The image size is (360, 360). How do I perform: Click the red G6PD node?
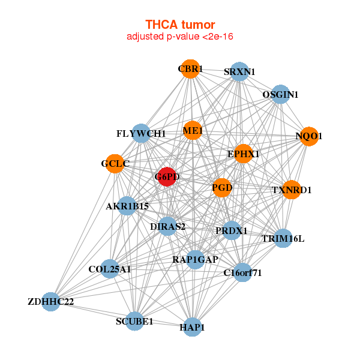click(x=167, y=177)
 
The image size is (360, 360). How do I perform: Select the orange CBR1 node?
click(x=190, y=69)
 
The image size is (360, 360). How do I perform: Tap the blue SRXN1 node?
click(x=239, y=72)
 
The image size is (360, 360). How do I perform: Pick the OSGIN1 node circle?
click(x=280, y=94)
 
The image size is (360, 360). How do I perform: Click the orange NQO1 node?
click(x=309, y=136)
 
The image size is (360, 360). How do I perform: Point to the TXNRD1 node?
click(x=292, y=190)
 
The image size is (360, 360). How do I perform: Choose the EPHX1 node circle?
click(x=243, y=154)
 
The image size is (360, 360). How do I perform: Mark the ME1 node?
click(x=193, y=130)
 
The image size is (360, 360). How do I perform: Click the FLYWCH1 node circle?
click(x=141, y=133)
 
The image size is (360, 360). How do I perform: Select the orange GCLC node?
click(x=115, y=163)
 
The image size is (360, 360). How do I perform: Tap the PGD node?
click(x=222, y=188)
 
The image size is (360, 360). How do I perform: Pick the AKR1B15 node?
click(x=127, y=206)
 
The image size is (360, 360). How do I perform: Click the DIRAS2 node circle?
click(x=168, y=226)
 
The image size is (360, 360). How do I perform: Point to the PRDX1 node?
click(x=232, y=230)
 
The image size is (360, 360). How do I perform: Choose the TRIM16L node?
click(x=283, y=238)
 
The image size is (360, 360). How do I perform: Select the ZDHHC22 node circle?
click(x=50, y=301)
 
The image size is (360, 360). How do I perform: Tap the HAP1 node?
click(x=192, y=327)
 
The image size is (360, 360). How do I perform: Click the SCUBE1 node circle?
click(x=134, y=321)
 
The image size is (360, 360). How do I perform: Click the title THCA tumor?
click(x=180, y=25)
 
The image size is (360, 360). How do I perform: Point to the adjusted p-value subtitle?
click(x=180, y=37)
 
